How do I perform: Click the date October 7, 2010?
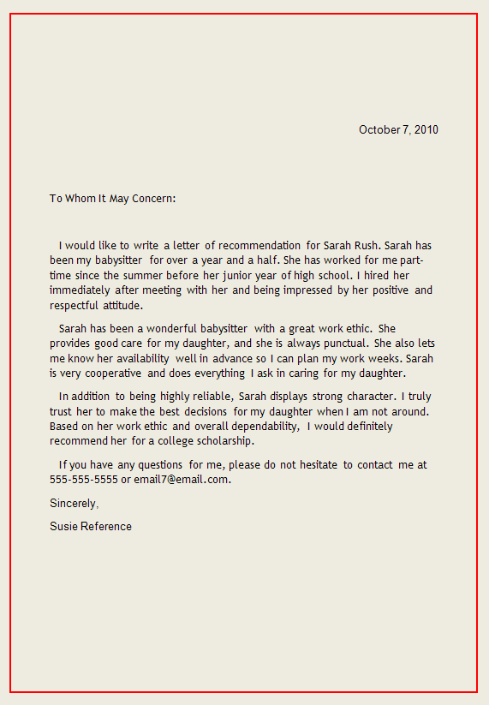pyautogui.click(x=398, y=129)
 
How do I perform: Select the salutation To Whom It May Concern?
pyautogui.click(x=112, y=199)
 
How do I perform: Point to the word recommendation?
pyautogui.click(x=259, y=246)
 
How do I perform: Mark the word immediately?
pyautogui.click(x=80, y=290)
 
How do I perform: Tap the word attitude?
pyautogui.click(x=118, y=305)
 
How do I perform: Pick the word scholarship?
pyautogui.click(x=225, y=441)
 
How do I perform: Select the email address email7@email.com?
pyautogui.click(x=182, y=480)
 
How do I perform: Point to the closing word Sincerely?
pyautogui.click(x=74, y=504)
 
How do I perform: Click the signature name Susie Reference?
pyautogui.click(x=91, y=526)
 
